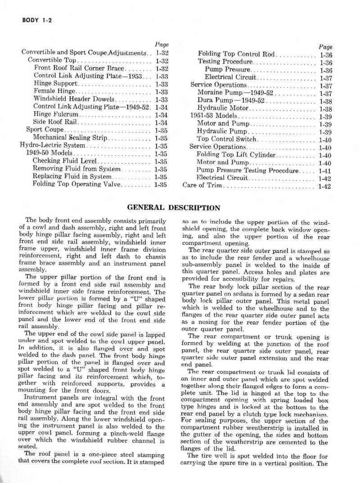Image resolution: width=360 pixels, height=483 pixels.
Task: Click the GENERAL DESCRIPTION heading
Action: point(174,208)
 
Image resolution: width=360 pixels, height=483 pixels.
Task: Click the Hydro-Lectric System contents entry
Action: point(52,145)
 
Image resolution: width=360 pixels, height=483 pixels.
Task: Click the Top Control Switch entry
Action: point(227,139)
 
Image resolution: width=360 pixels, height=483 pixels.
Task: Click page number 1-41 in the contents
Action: point(324,170)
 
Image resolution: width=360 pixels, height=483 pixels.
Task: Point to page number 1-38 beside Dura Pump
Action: point(324,101)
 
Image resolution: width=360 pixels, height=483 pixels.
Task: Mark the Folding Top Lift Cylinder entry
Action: point(236,154)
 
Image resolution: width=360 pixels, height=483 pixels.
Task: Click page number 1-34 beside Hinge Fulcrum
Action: point(161,114)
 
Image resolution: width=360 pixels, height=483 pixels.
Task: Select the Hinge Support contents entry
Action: point(56,83)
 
